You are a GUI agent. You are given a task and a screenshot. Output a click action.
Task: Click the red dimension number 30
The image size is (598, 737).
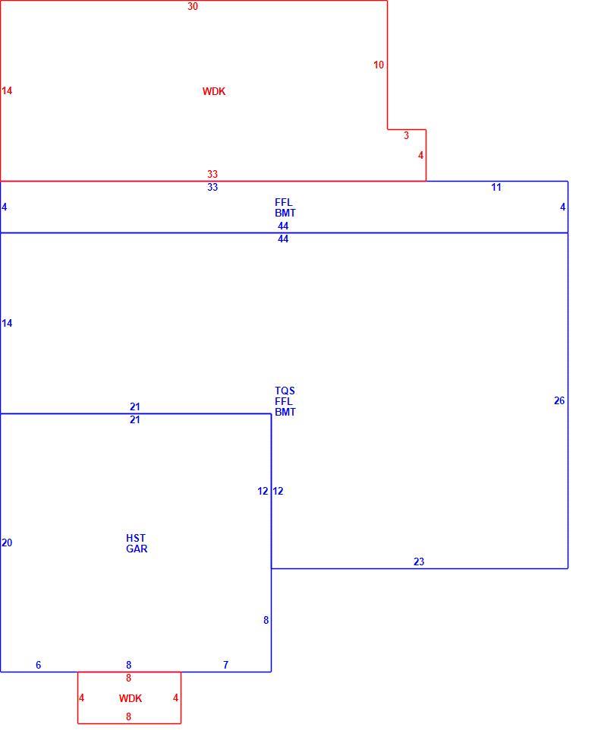(x=193, y=7)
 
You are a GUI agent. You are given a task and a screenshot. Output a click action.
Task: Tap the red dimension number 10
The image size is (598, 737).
(x=379, y=65)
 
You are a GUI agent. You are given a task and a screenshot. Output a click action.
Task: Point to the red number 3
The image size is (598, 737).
(x=406, y=135)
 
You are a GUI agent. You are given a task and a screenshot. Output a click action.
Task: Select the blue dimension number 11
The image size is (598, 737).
(x=496, y=187)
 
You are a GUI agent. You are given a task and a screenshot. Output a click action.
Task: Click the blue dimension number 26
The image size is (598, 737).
(x=559, y=400)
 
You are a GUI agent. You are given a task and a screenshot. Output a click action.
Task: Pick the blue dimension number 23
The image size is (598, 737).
(x=419, y=561)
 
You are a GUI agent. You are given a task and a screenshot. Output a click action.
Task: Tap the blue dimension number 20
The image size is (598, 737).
(x=7, y=542)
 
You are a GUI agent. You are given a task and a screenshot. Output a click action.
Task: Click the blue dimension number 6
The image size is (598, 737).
(x=39, y=665)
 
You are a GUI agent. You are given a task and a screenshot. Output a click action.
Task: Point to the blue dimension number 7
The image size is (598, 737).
(x=226, y=665)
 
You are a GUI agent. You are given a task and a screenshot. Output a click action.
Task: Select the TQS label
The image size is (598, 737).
(x=285, y=391)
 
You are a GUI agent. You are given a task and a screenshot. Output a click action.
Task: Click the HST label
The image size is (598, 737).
(x=136, y=538)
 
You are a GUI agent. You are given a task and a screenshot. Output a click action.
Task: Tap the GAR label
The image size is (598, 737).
(x=137, y=549)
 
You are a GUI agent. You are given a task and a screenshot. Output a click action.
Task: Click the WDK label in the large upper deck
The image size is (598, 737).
(x=214, y=91)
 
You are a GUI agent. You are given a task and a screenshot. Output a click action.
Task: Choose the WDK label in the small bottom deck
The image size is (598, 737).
(x=131, y=698)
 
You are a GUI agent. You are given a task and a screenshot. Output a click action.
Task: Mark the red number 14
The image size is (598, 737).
(x=7, y=90)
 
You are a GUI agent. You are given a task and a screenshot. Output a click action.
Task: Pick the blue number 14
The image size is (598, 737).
(x=7, y=323)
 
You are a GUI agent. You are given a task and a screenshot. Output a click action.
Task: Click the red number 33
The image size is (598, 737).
(x=212, y=174)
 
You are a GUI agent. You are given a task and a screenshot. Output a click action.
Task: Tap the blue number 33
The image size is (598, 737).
(x=212, y=187)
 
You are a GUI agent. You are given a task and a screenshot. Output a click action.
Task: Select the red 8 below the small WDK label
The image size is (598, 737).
(x=128, y=716)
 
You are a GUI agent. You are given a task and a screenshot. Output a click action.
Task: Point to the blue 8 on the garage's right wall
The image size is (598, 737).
(x=266, y=620)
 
